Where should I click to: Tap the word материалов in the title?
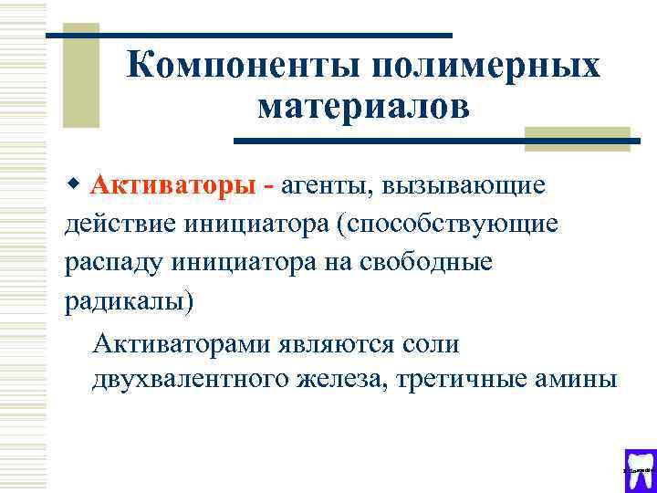[364, 108]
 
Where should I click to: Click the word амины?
[579, 379]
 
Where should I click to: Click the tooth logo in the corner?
[639, 468]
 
